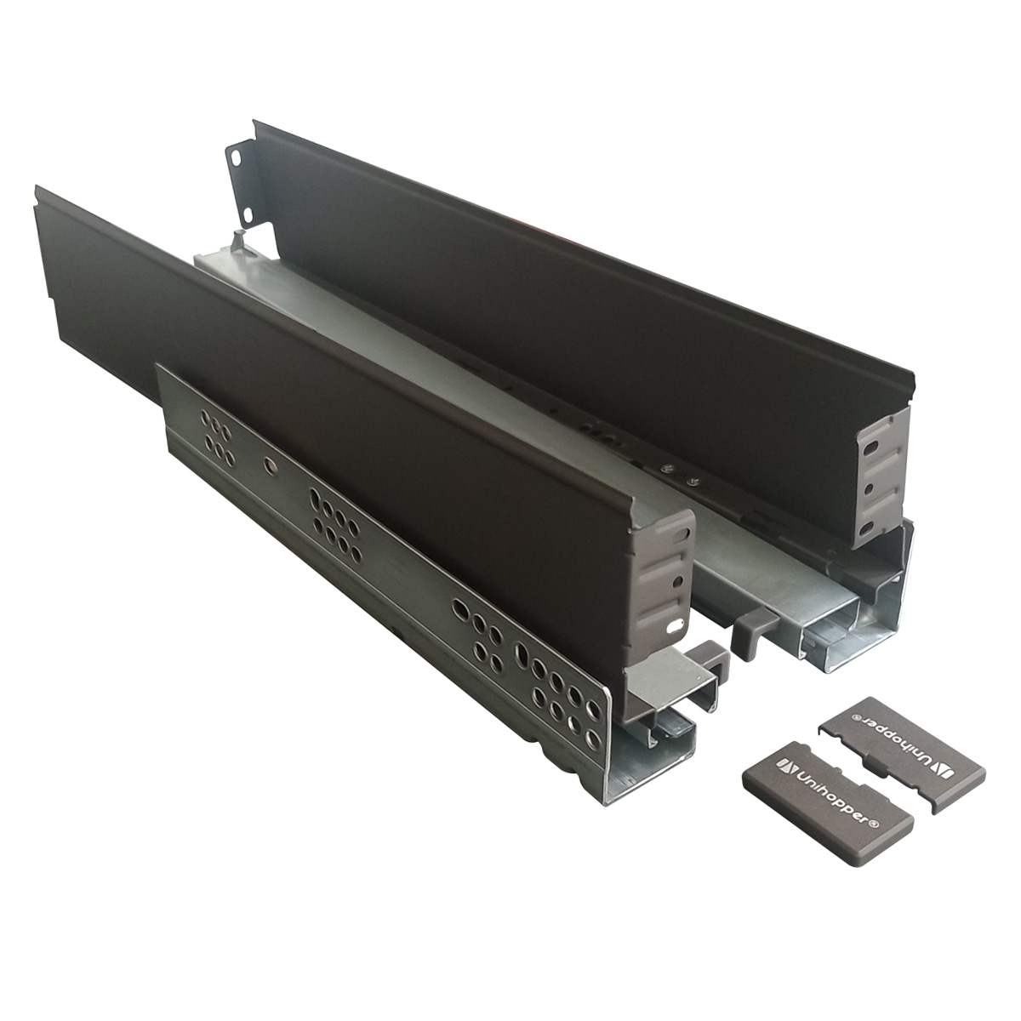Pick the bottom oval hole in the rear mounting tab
tap(247, 215)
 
